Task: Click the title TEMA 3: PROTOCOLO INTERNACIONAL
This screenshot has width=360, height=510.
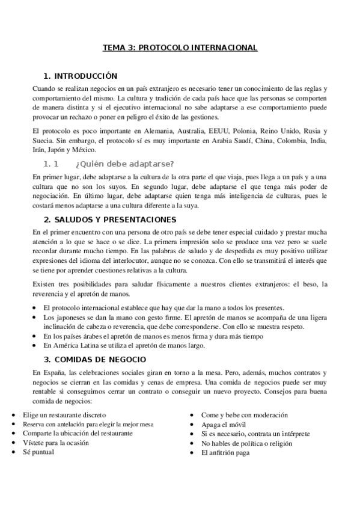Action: (x=180, y=48)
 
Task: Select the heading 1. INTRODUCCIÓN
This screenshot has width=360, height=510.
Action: (x=80, y=76)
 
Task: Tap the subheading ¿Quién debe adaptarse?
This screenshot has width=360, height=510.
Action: (x=125, y=164)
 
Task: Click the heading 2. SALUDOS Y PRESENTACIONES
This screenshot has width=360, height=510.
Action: (x=110, y=220)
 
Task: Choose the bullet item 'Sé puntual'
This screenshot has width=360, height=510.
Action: (x=38, y=452)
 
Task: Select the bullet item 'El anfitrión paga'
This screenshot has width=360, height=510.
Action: (x=225, y=452)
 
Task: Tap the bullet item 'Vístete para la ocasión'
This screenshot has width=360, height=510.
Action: (x=55, y=443)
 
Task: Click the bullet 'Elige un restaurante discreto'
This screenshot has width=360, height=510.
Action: (x=64, y=415)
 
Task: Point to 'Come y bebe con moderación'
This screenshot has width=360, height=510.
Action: (x=245, y=415)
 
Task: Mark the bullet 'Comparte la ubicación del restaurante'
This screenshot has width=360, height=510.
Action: (x=78, y=433)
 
